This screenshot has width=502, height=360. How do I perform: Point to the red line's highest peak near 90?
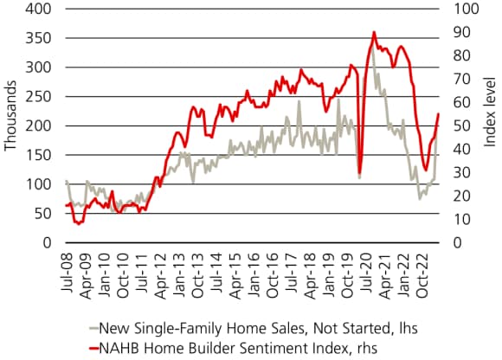point(373,32)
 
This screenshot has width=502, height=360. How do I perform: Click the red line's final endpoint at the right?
point(439,114)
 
